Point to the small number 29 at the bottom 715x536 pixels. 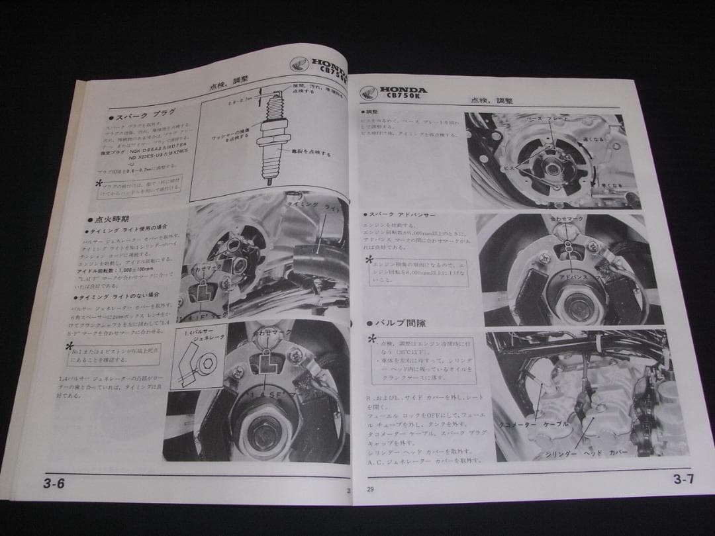[x=370, y=490]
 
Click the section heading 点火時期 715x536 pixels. [x=110, y=218]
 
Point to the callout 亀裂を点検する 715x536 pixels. [x=307, y=152]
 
